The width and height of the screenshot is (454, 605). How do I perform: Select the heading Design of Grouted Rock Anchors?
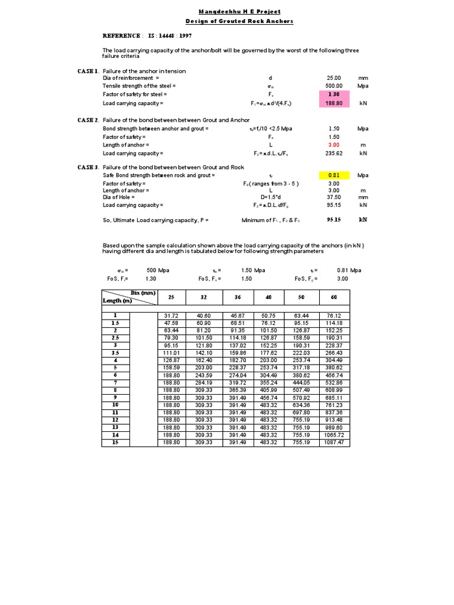tap(239, 21)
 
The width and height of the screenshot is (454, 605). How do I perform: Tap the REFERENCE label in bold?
tap(122, 35)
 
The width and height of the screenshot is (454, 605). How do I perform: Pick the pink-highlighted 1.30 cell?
tap(335, 95)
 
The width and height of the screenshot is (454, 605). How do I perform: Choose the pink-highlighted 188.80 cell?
tap(335, 103)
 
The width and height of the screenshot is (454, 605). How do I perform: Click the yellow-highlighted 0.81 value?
tap(335, 175)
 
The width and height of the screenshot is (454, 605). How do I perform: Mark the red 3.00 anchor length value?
tap(335, 145)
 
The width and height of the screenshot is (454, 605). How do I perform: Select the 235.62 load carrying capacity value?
tap(335, 153)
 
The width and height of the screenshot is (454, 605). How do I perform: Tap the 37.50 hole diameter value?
tap(335, 198)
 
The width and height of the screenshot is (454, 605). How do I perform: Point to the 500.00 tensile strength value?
tap(335, 86)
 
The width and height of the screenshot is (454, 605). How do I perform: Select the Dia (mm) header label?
tap(142, 293)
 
